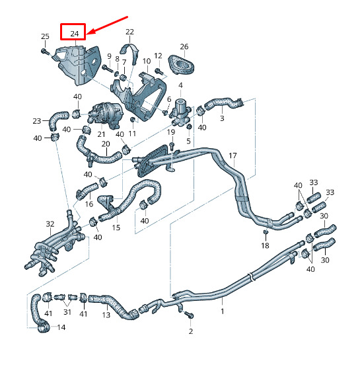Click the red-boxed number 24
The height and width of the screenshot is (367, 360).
pos(75,34)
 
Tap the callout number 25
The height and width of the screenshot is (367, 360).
pos(45,36)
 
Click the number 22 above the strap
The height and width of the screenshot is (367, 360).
pos(129,32)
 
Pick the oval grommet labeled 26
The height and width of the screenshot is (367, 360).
pos(182,65)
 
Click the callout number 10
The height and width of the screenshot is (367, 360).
pos(147,61)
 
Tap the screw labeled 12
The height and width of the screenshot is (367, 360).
pos(159,71)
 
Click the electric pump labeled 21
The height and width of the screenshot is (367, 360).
pos(106,115)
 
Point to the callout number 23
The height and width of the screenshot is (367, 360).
pos(37,121)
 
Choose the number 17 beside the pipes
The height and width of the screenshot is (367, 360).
pos(233,155)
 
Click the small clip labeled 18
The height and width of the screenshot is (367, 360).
pos(266,231)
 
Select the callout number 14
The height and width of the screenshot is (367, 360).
pos(61,327)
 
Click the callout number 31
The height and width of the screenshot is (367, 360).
pos(67,311)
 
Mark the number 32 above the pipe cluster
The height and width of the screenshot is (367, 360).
pos(50,224)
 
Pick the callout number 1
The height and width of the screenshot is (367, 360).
pos(223,311)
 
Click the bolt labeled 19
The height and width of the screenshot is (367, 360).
pos(172,146)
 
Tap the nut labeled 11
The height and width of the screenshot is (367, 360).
pos(132,120)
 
